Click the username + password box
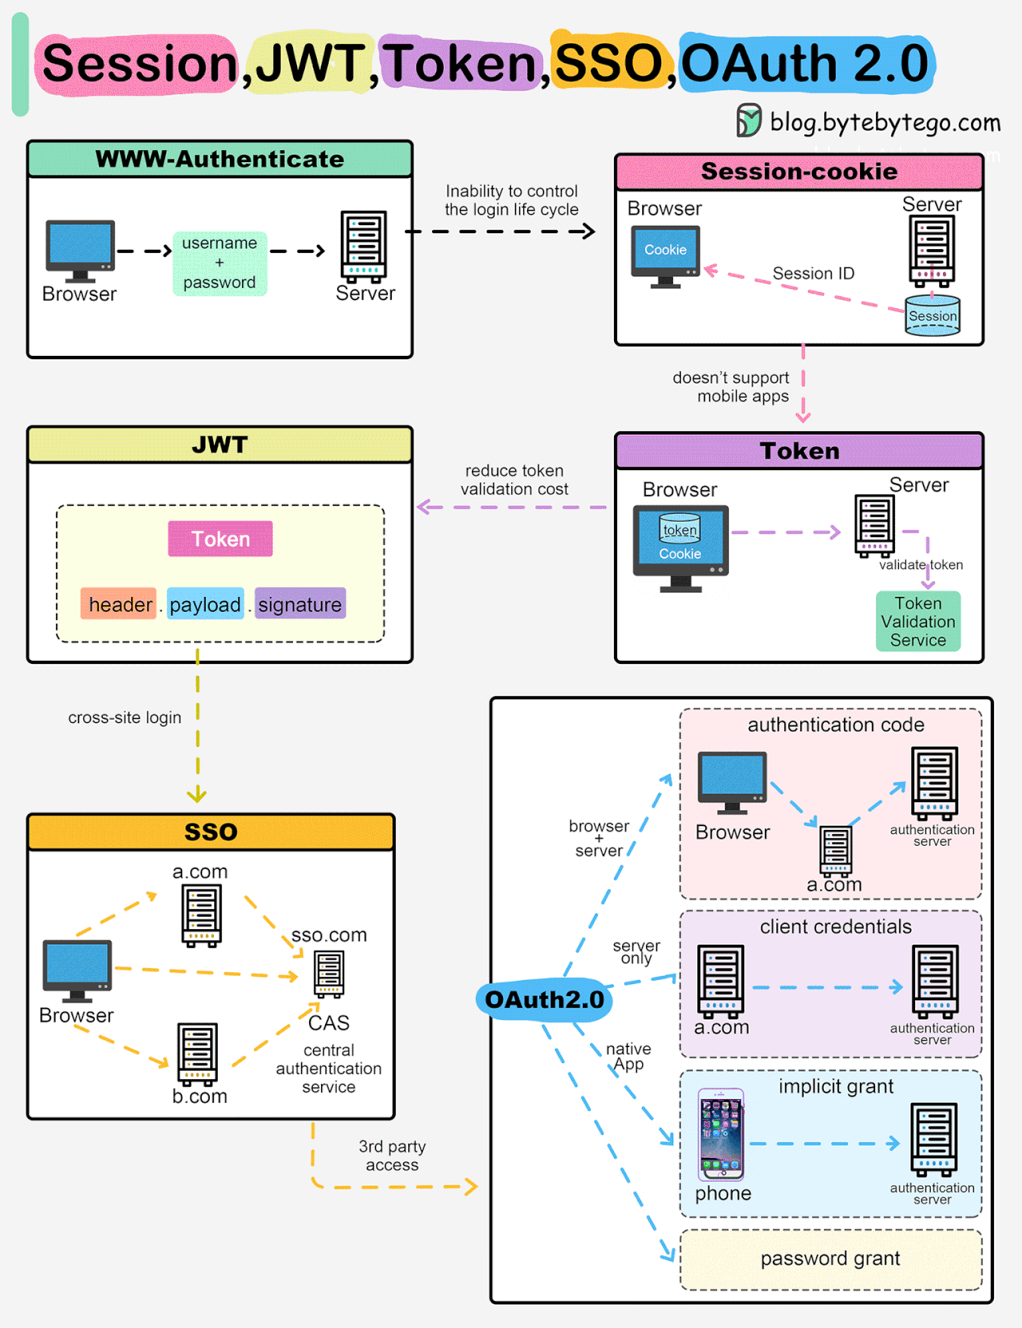[x=220, y=263]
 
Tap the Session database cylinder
[x=932, y=315]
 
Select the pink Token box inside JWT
[x=220, y=539]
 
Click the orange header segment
[x=119, y=604]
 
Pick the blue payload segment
[x=205, y=604]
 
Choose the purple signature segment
[x=300, y=604]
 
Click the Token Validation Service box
[x=918, y=621]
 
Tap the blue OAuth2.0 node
[x=545, y=999]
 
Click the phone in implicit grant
[x=721, y=1134]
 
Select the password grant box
[x=830, y=1259]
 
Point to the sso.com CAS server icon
[x=329, y=974]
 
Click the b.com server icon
[x=198, y=1053]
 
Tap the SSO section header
[x=211, y=832]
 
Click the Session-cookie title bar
[x=798, y=172]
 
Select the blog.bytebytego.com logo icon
[x=748, y=121]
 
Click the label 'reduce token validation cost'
[x=514, y=480]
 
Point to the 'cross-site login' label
[x=125, y=717]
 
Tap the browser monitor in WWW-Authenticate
[x=80, y=250]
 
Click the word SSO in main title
[x=609, y=63]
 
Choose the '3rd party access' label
[x=392, y=1155]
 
